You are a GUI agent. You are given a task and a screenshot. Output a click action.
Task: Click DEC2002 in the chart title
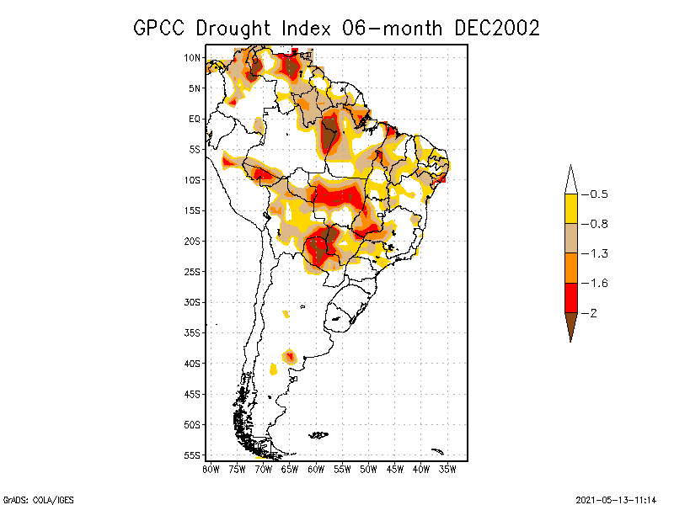click(496, 28)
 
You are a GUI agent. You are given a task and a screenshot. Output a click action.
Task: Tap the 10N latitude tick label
click(192, 58)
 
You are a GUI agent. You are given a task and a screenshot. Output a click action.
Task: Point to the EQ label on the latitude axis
click(195, 119)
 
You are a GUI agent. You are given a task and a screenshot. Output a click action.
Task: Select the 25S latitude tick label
click(192, 271)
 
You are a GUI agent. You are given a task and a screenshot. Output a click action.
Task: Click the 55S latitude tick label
click(192, 454)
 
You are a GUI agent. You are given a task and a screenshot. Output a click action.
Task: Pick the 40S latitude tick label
click(192, 363)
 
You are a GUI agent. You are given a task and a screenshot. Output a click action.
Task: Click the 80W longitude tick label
click(211, 469)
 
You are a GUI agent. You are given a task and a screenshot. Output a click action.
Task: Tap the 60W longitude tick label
click(316, 469)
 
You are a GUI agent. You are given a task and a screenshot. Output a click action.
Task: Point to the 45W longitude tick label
click(394, 469)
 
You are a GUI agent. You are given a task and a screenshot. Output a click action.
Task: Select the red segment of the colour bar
click(570, 297)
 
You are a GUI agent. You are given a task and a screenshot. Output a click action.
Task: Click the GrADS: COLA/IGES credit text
click(31, 499)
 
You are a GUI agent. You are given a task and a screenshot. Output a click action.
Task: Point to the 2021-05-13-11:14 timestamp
click(616, 499)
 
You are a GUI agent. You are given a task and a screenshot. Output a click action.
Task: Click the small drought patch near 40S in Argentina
click(290, 357)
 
